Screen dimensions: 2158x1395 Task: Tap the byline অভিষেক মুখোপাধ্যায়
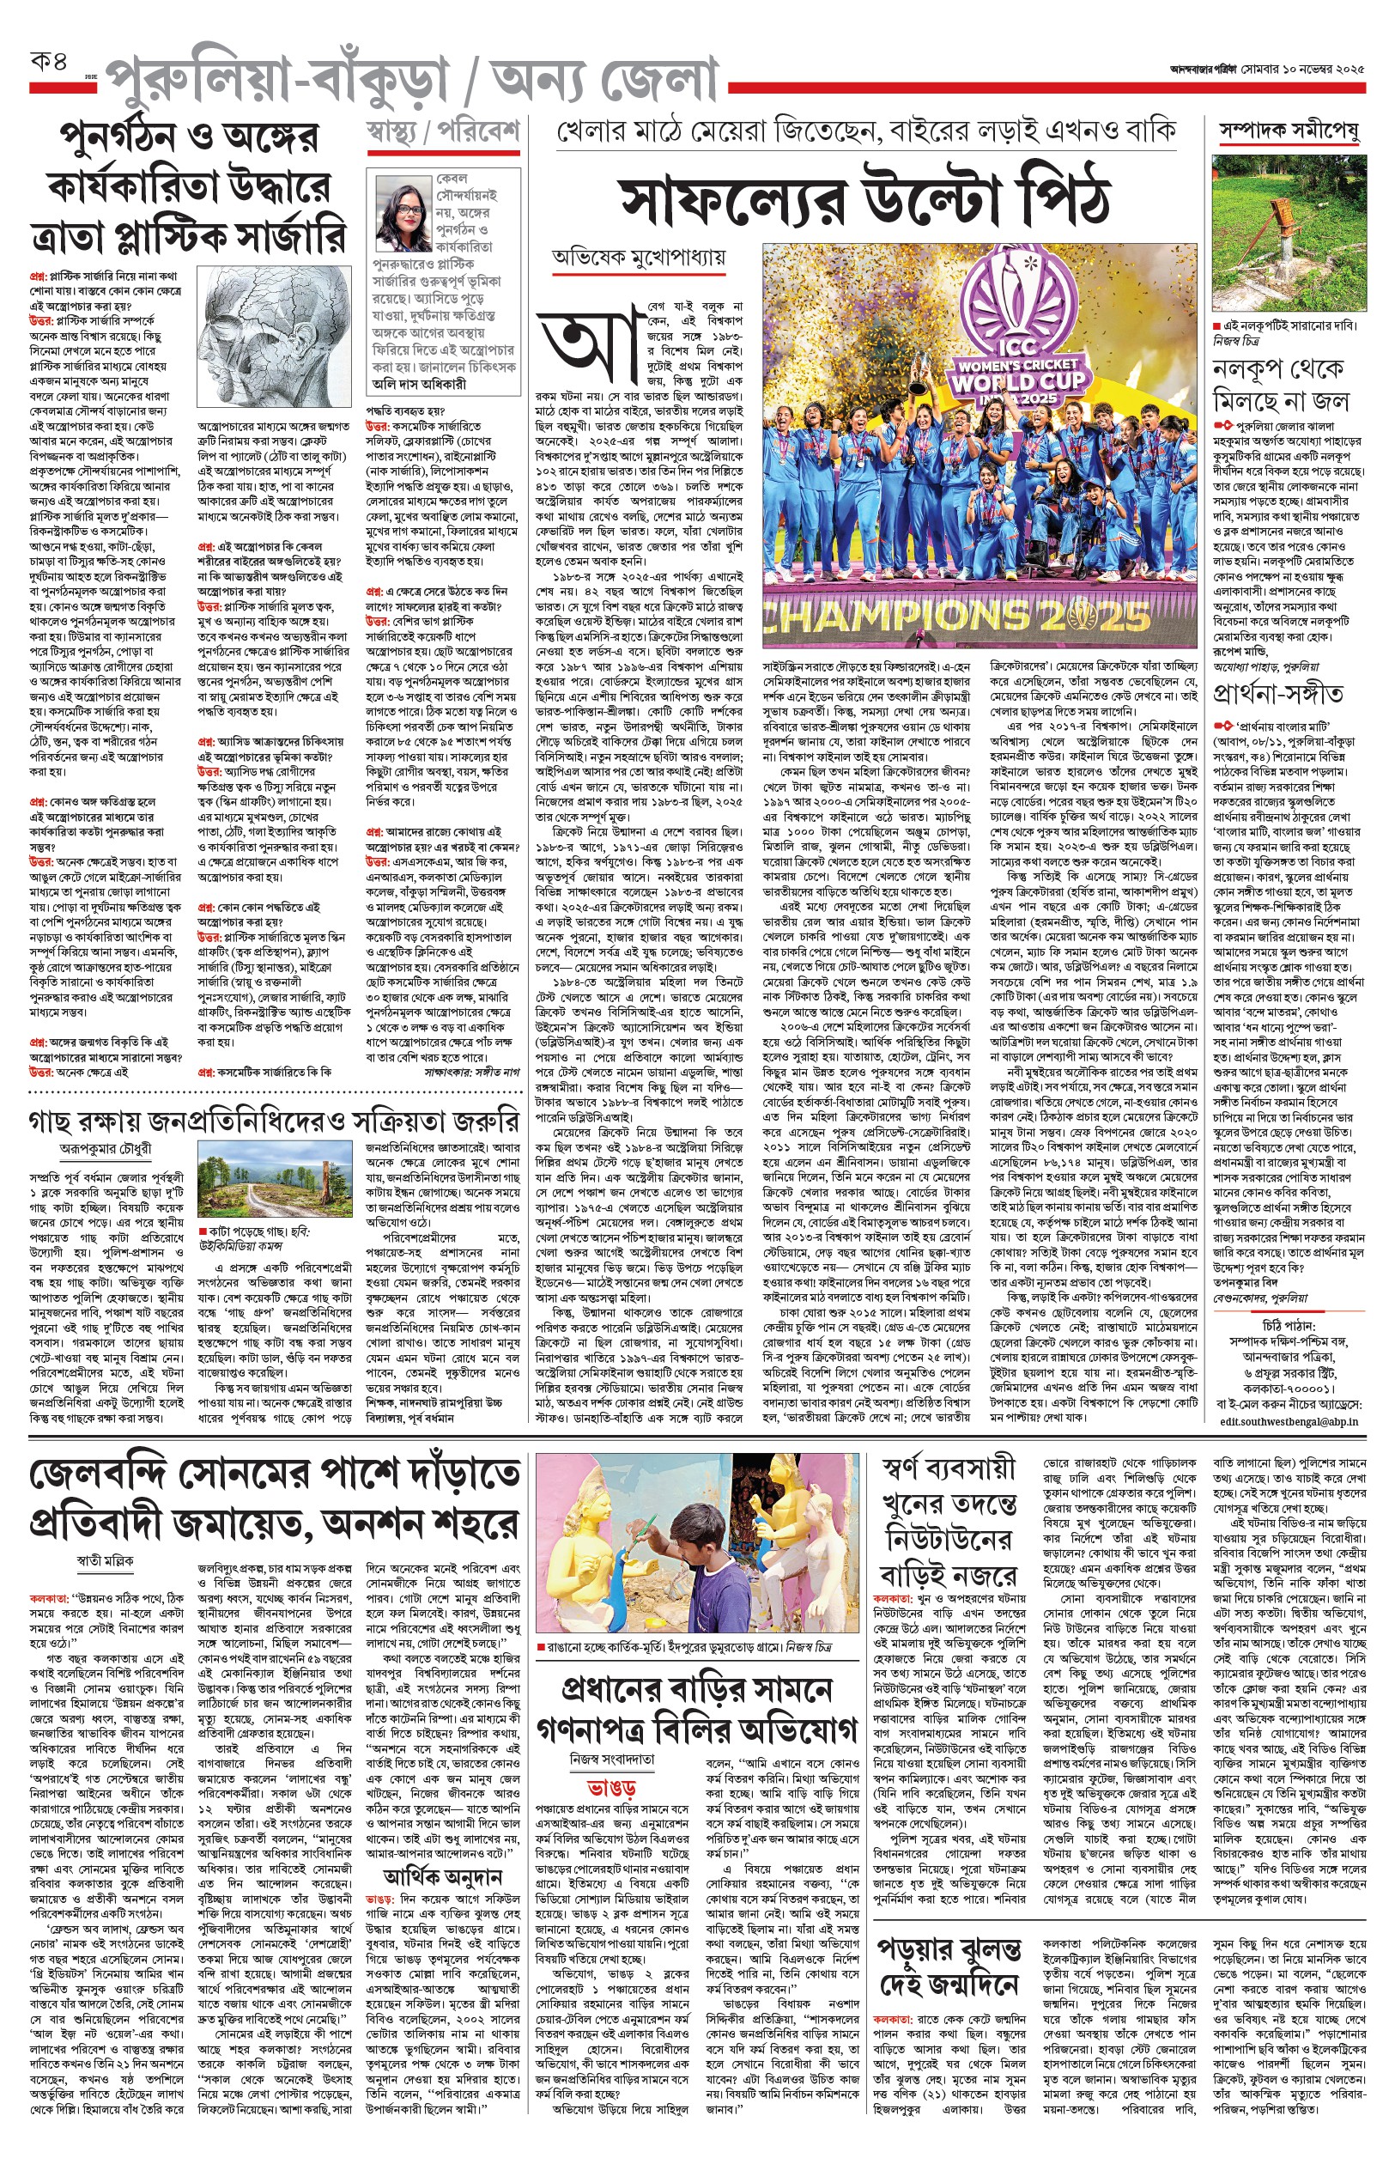click(x=639, y=258)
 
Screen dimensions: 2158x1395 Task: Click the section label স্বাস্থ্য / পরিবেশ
click(x=442, y=132)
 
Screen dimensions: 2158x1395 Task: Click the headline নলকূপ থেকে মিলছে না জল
click(x=1281, y=385)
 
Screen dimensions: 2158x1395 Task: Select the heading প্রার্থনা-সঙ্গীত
click(x=1278, y=694)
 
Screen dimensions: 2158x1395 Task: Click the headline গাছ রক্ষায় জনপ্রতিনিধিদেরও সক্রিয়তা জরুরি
click(x=275, y=1121)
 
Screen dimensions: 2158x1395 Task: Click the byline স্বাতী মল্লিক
click(x=104, y=1560)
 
